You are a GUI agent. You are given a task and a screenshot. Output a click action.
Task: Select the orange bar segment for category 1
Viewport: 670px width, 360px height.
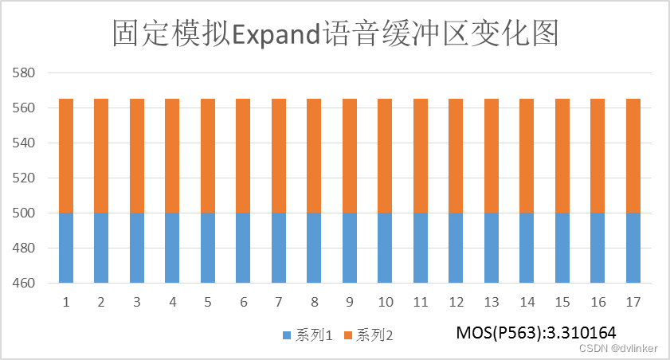point(66,156)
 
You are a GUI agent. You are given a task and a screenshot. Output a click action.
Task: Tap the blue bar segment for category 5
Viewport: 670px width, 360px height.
point(208,248)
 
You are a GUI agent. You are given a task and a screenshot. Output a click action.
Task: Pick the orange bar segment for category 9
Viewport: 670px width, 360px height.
point(350,156)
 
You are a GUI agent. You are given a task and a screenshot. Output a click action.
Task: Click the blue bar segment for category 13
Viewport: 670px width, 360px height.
point(492,248)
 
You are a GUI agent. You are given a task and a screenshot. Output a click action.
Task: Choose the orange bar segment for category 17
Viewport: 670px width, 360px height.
point(633,156)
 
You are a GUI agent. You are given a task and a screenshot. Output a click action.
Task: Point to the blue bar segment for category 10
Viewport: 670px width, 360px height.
point(385,248)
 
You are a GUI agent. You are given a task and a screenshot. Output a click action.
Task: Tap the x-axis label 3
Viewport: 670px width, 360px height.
point(137,303)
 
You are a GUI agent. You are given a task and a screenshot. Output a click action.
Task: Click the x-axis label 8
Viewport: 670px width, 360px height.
point(314,303)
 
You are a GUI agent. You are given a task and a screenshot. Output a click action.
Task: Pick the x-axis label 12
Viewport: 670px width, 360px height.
point(456,303)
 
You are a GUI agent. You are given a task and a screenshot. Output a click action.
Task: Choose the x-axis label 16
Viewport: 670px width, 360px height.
point(598,303)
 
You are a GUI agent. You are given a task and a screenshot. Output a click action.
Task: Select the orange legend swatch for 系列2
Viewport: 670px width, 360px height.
point(348,336)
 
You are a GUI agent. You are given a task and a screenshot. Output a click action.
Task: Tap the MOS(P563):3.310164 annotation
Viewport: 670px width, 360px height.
point(536,331)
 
